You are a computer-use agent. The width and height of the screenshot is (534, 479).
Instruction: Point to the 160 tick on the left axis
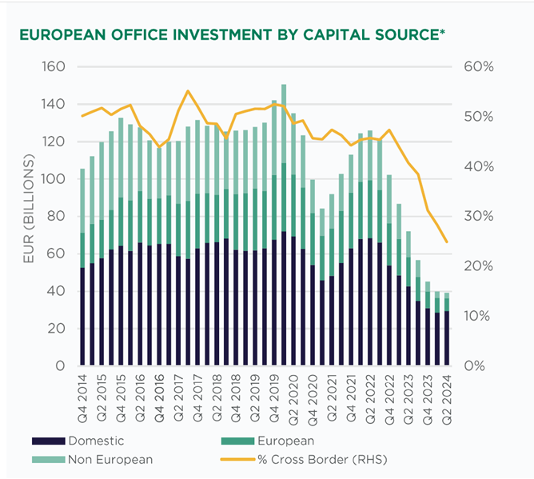click(x=52, y=66)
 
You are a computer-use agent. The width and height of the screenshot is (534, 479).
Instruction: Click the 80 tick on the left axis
click(x=56, y=216)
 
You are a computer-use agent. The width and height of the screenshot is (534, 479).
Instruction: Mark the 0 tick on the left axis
click(x=60, y=366)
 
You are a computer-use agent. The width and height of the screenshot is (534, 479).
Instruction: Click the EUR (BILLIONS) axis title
click(x=27, y=216)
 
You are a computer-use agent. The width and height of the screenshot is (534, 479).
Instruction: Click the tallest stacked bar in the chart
click(x=284, y=240)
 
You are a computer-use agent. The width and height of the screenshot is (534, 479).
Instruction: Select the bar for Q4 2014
click(x=82, y=280)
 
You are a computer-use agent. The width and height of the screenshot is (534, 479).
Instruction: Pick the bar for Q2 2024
click(x=447, y=336)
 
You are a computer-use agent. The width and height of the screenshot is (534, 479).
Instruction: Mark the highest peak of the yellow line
click(x=188, y=90)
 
